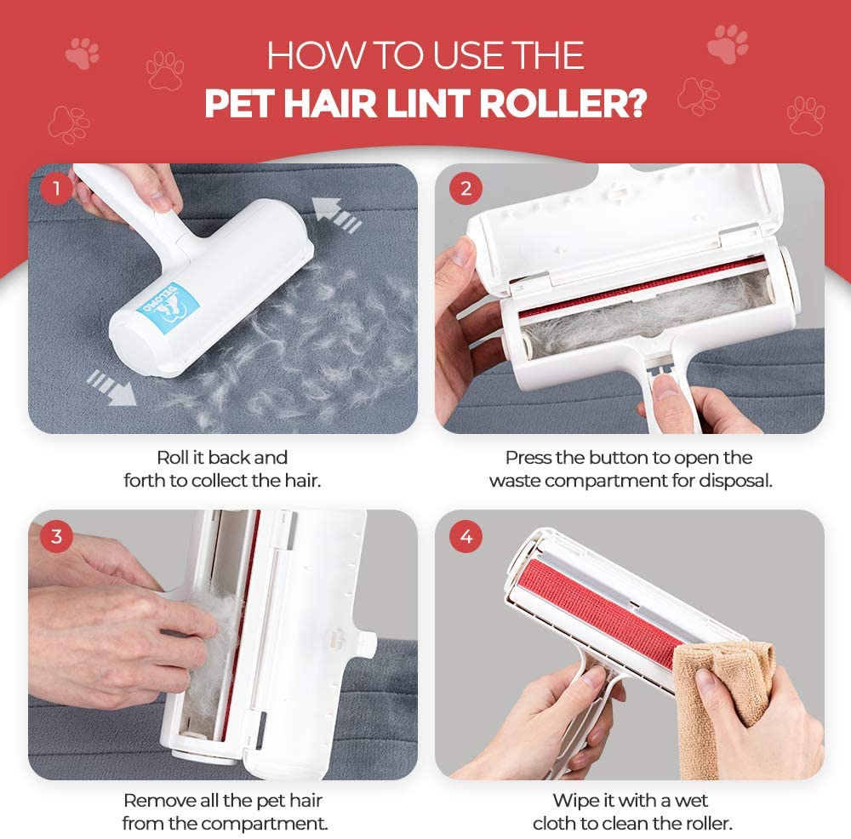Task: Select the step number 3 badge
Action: [x=57, y=537]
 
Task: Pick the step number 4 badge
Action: [x=465, y=537]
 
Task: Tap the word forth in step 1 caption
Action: [x=145, y=480]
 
